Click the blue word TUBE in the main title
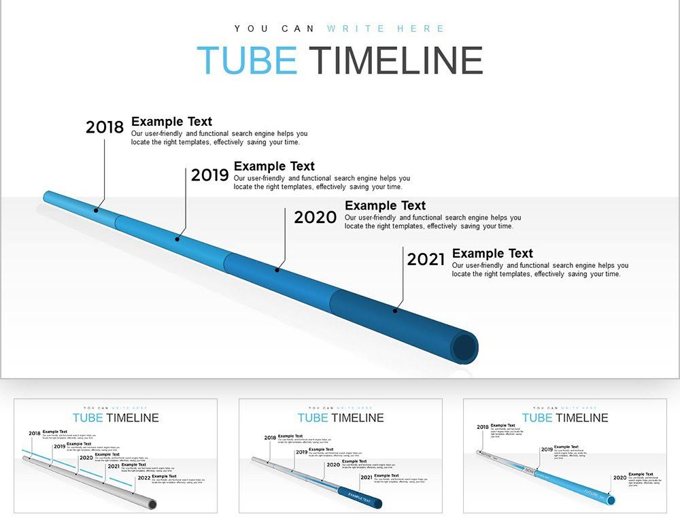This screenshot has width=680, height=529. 246,61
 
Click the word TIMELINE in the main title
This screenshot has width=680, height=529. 396,61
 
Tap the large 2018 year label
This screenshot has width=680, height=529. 105,127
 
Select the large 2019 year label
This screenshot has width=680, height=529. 209,175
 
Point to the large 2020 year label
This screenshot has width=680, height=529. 315,218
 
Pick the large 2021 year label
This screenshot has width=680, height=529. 426,259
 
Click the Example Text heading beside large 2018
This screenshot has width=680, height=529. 171,122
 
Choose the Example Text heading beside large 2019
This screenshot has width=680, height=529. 274,166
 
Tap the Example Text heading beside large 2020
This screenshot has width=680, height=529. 385,205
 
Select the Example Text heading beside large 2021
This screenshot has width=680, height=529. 492,254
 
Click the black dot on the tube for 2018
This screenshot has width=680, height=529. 96,210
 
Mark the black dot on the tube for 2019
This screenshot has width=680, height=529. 177,239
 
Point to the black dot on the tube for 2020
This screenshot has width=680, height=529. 277,270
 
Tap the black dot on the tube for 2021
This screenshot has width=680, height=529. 395,311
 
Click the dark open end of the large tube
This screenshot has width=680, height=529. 465,347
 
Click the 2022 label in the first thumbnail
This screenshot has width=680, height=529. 143,478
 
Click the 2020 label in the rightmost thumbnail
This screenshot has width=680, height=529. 619,478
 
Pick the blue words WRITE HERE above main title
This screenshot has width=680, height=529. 386,29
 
